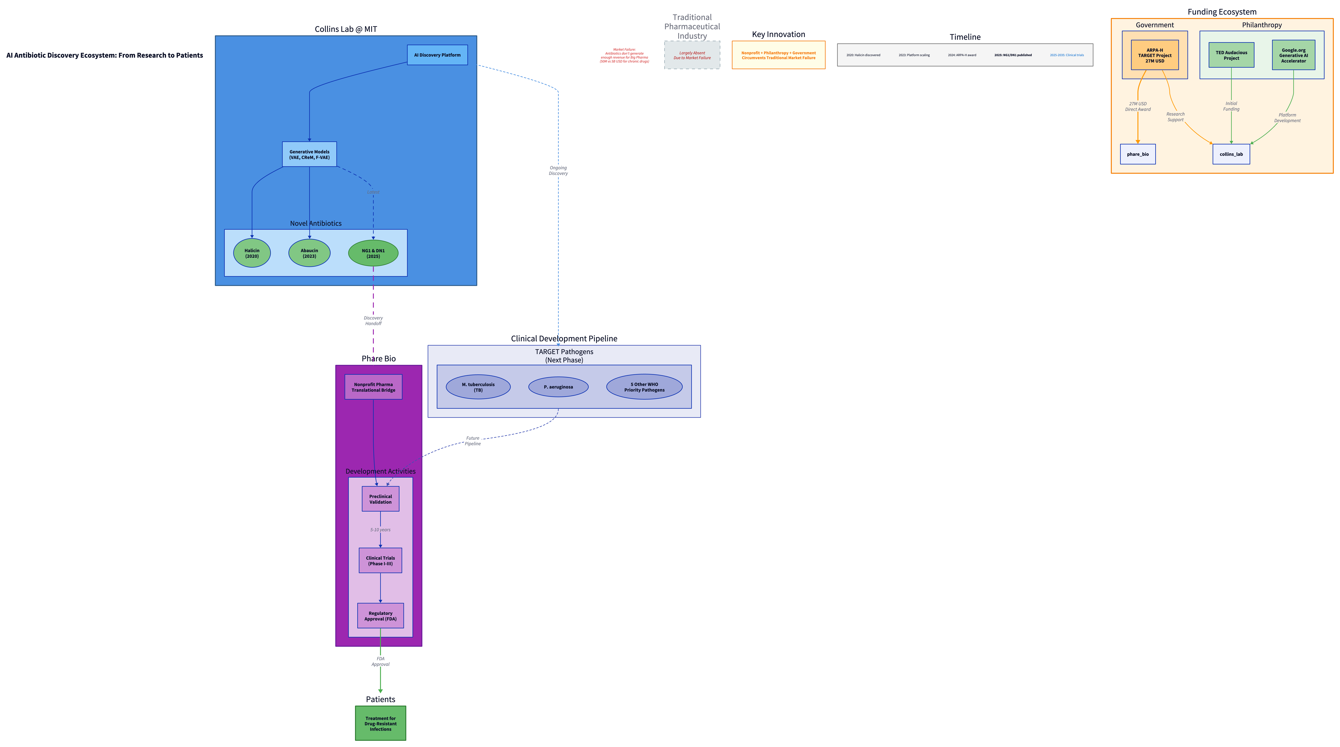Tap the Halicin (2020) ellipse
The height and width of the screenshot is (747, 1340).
point(252,253)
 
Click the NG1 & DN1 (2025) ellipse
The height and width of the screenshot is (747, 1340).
point(373,253)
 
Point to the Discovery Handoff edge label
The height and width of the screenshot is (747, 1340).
point(373,320)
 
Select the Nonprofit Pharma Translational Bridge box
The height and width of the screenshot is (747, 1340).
point(373,387)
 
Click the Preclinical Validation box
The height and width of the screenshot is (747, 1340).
point(380,499)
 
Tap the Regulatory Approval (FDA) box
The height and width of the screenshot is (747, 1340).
point(380,616)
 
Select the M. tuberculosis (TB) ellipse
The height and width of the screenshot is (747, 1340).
point(478,387)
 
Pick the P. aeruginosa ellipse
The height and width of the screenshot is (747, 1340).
point(558,387)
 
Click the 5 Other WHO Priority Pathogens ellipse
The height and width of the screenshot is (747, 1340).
point(644,387)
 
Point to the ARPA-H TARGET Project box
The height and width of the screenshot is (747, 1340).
point(1154,55)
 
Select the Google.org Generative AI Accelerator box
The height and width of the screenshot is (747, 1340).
point(1293,55)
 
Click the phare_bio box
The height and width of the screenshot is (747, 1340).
point(1138,154)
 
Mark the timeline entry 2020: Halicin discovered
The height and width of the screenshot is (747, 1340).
point(863,55)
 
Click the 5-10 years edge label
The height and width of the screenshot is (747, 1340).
point(380,530)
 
